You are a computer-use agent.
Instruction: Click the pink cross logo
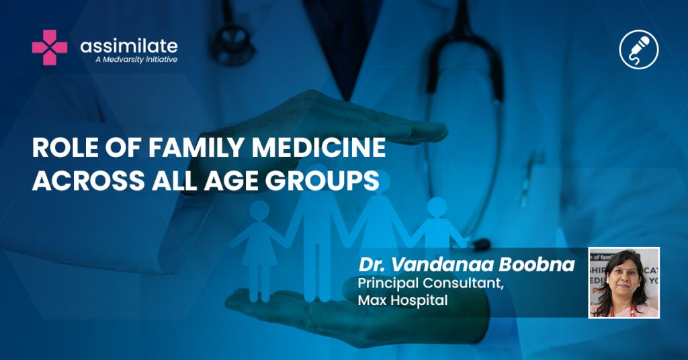pos(50,48)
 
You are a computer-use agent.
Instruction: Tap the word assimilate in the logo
pos(129,46)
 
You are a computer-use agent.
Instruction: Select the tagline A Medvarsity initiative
pos(136,59)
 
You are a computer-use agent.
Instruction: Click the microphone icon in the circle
pos(639,49)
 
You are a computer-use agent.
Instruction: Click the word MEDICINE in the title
pos(318,148)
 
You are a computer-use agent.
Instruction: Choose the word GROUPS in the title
pos(322,180)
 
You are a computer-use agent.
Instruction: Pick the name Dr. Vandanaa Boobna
pos(466,264)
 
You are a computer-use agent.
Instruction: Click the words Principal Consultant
pos(431,283)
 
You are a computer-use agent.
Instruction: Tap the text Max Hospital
pos(403,300)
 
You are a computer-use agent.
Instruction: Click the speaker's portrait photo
pos(623,282)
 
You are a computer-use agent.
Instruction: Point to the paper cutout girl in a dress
pos(259,250)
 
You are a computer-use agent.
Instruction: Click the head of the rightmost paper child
pos(437,208)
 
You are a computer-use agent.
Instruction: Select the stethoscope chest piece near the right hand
pos(481,244)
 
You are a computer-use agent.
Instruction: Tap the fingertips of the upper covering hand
pos(432,131)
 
